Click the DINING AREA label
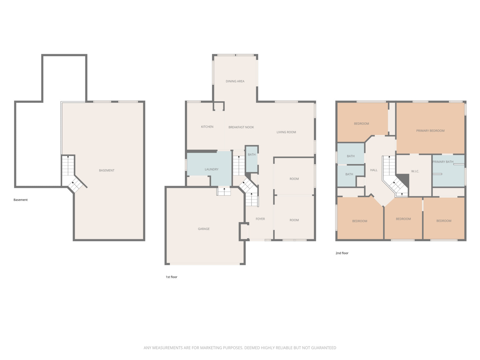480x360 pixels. (235, 81)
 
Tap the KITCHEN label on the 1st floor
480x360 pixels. (207, 127)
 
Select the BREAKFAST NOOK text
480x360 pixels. (241, 127)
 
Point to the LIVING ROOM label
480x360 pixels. (286, 132)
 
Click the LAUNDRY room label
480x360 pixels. (211, 169)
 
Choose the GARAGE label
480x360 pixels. (204, 229)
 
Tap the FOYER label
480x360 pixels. (260, 219)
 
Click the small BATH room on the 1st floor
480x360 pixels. (252, 155)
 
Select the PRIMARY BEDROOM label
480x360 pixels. (430, 131)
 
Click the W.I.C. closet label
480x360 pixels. (415, 171)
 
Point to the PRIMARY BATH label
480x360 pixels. (443, 162)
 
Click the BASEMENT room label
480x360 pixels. (107, 170)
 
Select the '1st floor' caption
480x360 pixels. (171, 277)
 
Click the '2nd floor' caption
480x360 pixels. (342, 253)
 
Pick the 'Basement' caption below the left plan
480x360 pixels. (20, 200)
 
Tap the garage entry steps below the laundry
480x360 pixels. (224, 191)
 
